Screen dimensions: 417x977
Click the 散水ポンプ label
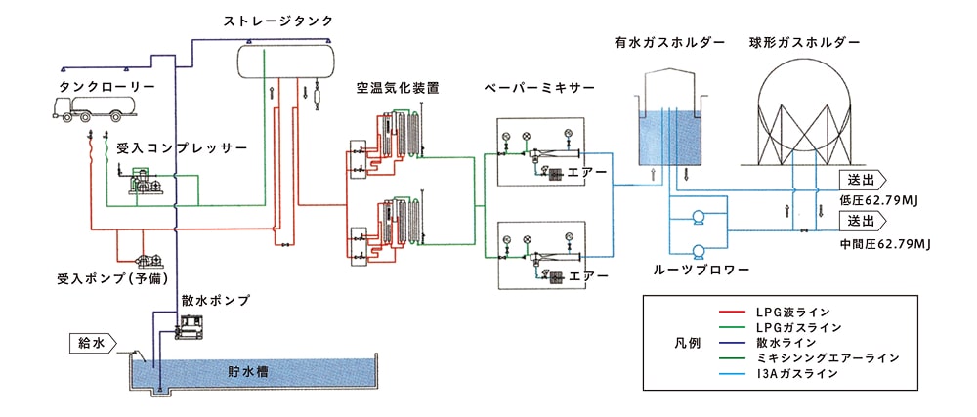tap(215, 299)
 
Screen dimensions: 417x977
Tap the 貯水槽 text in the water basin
tap(248, 371)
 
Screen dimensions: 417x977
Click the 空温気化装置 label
tap(398, 88)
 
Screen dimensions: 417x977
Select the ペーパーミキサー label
tap(539, 88)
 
